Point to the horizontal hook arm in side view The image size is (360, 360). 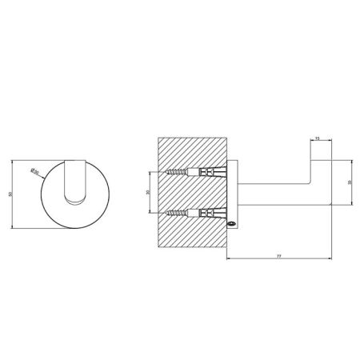tap(272, 196)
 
